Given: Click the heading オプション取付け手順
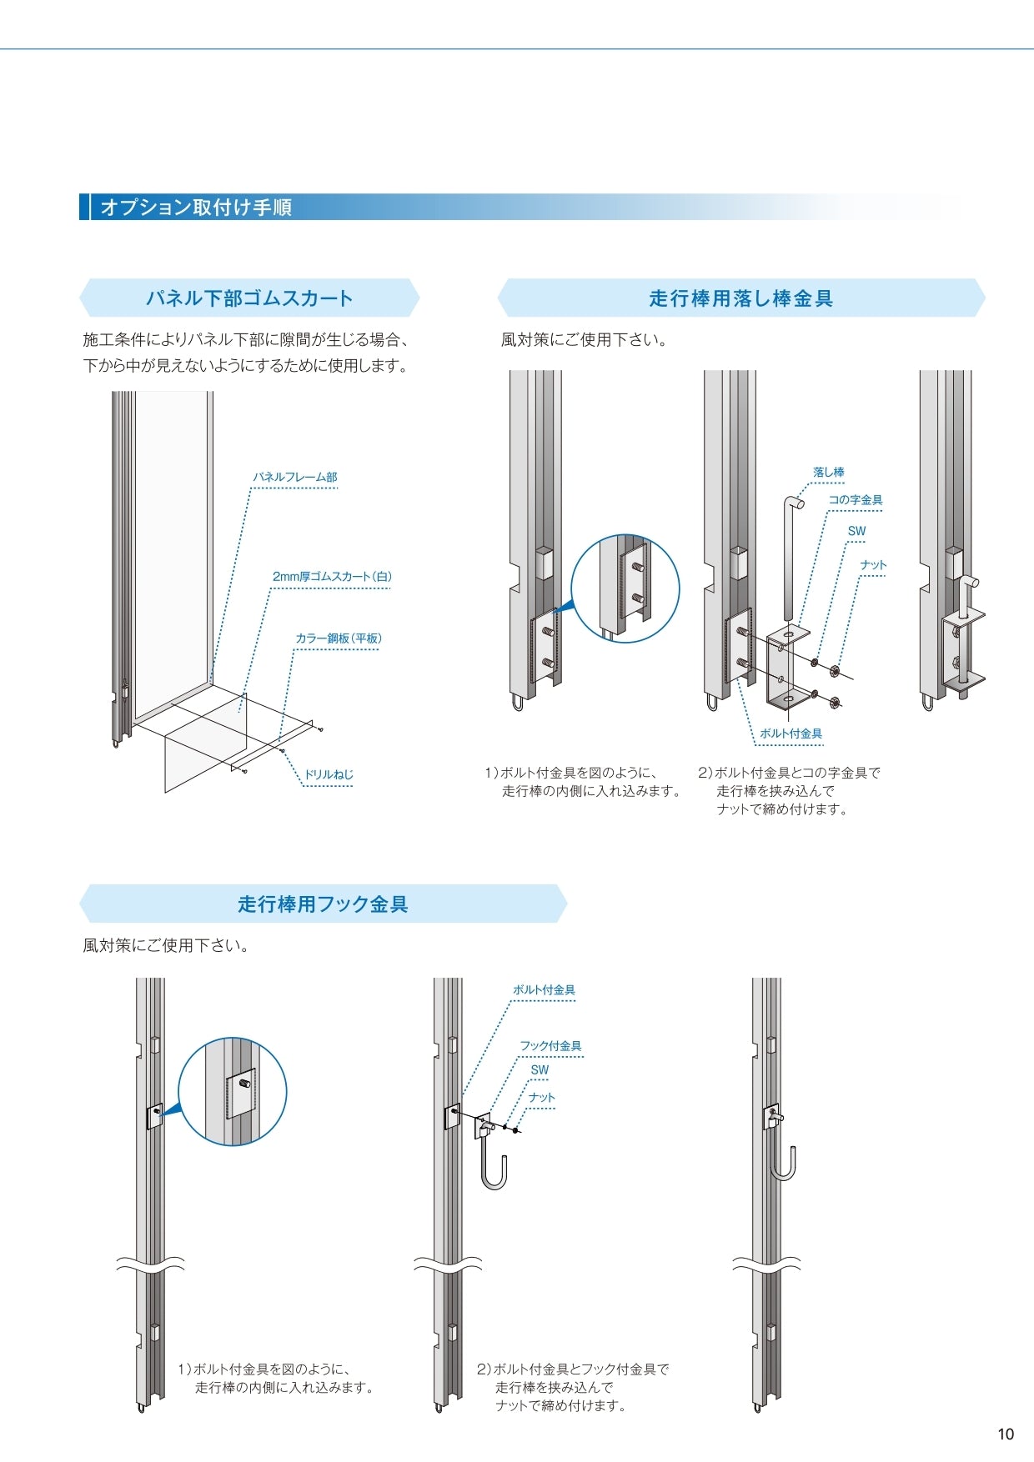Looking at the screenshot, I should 196,207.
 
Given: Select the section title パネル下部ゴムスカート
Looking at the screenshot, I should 249,298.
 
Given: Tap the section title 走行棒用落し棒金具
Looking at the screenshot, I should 740,298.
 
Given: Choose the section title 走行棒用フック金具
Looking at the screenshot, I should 323,904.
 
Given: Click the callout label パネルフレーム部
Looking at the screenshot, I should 295,477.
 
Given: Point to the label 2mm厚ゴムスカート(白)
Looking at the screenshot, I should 332,576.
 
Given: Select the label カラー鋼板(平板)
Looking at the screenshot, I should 338,638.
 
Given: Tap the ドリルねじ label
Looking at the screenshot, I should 328,774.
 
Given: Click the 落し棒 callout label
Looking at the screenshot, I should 828,472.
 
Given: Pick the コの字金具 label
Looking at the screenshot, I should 855,499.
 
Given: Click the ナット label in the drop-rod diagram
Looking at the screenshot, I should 873,564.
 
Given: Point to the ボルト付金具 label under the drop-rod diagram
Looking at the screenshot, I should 791,734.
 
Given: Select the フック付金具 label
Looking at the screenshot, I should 550,1045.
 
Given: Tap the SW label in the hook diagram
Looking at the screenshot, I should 540,1069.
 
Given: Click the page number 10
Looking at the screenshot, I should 1006,1434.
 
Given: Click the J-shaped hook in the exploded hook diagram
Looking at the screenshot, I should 494,1167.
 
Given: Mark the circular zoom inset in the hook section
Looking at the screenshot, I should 233,1091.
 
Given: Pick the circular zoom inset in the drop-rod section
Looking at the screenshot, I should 625,588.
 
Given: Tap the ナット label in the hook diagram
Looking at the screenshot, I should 541,1097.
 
